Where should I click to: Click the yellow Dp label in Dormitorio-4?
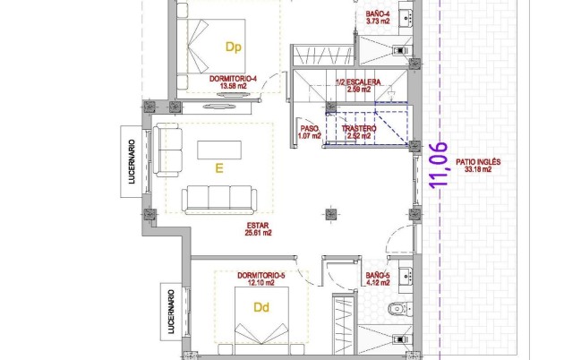tap(234, 47)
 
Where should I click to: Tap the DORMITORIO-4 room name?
tap(234, 79)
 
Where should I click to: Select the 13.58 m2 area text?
tap(234, 87)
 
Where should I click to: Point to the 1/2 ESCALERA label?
tap(357, 82)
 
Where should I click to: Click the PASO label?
tap(309, 129)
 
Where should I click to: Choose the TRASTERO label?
tap(359, 129)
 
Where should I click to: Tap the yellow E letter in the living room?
tap(218, 167)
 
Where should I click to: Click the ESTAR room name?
tap(258, 225)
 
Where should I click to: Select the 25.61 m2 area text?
tap(258, 233)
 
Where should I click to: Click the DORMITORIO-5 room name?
tap(261, 275)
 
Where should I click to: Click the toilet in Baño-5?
tap(397, 310)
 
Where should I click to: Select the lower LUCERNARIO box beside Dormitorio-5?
tap(168, 311)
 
